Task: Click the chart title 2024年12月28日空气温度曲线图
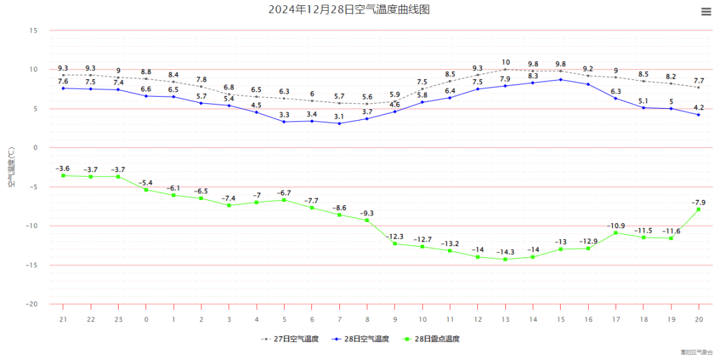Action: (349, 9)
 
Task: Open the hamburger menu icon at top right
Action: (707, 11)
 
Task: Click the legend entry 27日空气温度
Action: (290, 339)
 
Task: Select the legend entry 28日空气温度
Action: (360, 339)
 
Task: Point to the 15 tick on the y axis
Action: (34, 31)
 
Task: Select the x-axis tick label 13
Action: (505, 319)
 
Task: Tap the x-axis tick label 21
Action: (63, 319)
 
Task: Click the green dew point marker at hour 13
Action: (505, 259)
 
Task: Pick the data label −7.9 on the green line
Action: (699, 202)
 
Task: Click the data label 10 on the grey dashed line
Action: (505, 62)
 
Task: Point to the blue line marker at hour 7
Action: (339, 123)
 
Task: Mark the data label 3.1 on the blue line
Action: (339, 116)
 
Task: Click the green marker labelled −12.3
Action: (395, 243)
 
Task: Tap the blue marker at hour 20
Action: (699, 115)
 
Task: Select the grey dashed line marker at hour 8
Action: (367, 104)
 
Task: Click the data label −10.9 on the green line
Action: (616, 225)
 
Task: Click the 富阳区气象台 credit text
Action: (696, 352)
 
